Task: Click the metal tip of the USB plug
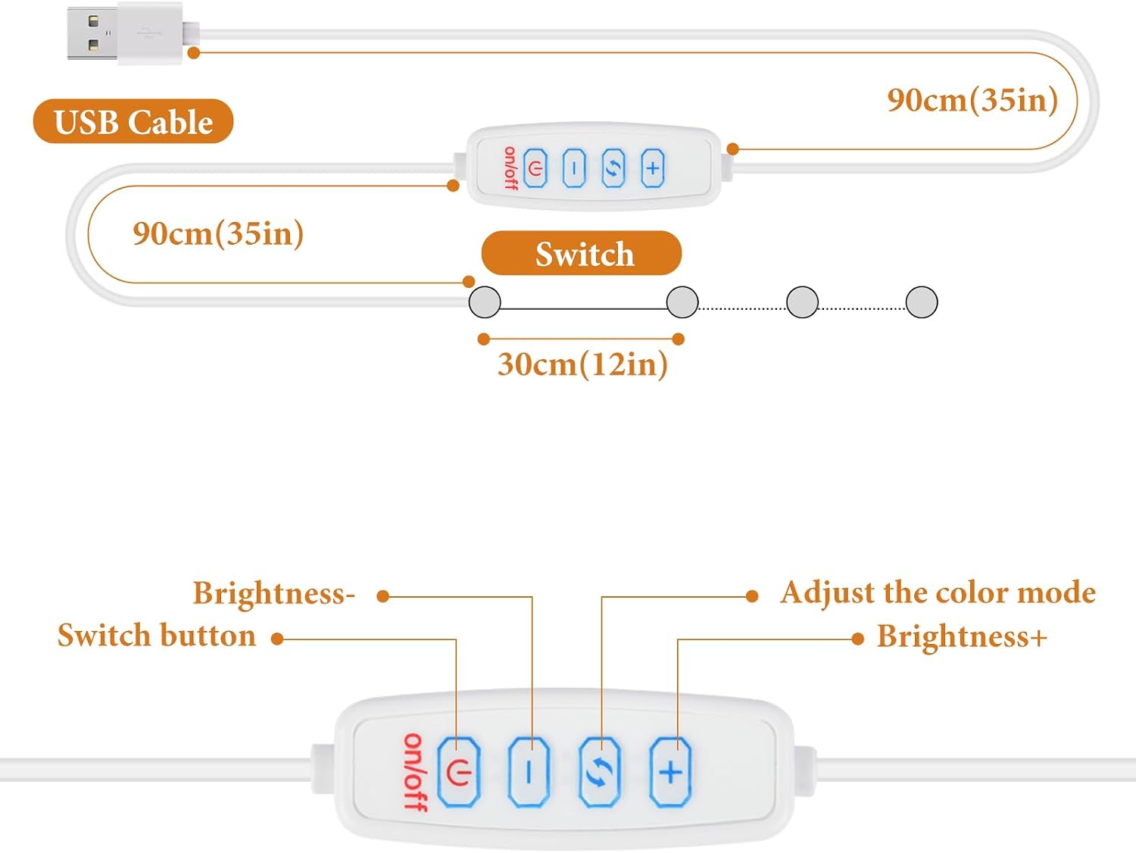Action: click(x=92, y=33)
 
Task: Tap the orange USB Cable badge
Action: click(x=133, y=121)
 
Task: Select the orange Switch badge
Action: click(x=581, y=253)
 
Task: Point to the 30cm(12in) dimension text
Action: click(x=582, y=364)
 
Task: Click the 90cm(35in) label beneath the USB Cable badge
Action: click(x=218, y=233)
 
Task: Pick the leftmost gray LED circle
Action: click(x=485, y=302)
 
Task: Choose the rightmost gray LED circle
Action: click(x=921, y=302)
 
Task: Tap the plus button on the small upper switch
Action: click(x=653, y=168)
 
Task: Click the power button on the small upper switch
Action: click(x=535, y=168)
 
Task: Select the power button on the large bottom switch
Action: click(x=458, y=772)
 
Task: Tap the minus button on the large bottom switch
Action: click(x=529, y=772)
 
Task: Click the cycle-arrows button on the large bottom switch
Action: click(x=599, y=772)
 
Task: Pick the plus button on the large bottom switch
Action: click(x=670, y=772)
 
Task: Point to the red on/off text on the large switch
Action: click(x=416, y=773)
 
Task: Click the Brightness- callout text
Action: click(x=274, y=593)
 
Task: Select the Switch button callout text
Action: click(x=157, y=636)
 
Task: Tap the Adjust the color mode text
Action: click(x=938, y=593)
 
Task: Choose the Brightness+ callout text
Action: click(x=962, y=636)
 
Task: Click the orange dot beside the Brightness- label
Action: click(x=383, y=596)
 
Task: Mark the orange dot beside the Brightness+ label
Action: click(x=857, y=639)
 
